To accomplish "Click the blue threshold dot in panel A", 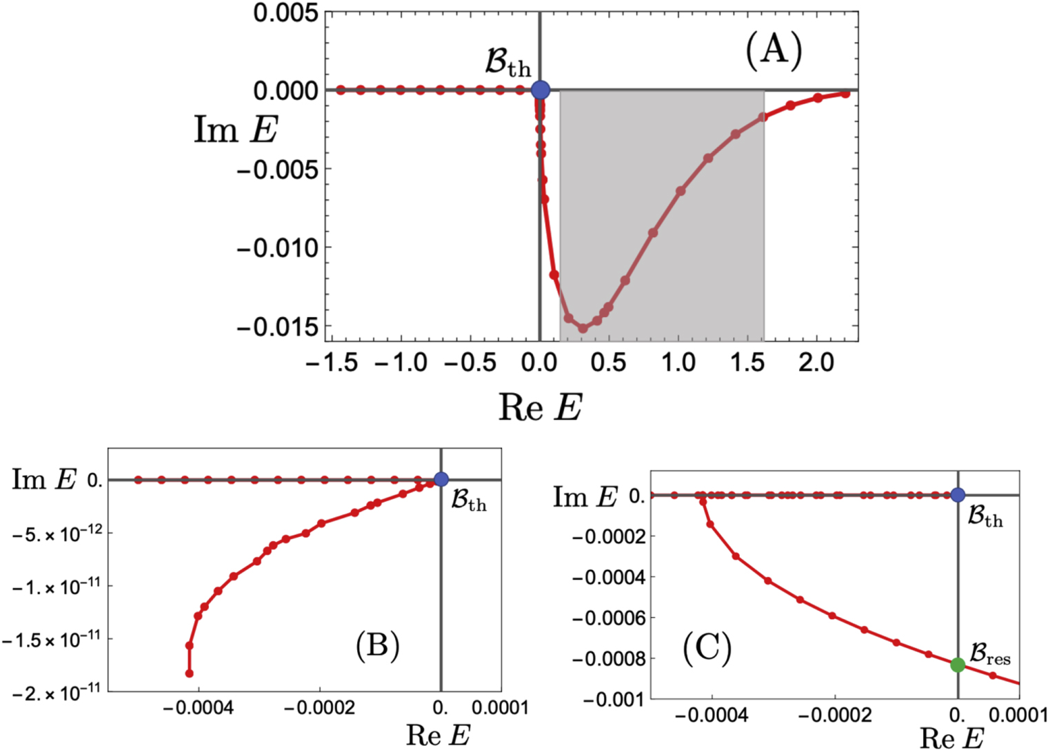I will pos(541,89).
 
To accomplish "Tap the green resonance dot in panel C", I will pos(957,665).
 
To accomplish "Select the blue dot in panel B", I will pos(441,479).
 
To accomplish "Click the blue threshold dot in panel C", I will pos(957,494).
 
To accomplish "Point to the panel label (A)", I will pos(774,52).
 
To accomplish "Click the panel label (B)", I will pos(377,647).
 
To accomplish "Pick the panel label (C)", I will pos(707,649).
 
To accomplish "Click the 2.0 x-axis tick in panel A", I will pos(816,362).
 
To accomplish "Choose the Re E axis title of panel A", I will pos(540,407).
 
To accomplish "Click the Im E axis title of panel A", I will pos(236,129).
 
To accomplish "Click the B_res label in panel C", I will pos(990,654).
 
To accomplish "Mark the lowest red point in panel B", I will pos(189,673).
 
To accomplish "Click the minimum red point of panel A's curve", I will pos(583,328).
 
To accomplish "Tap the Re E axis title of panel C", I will pos(951,738).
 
